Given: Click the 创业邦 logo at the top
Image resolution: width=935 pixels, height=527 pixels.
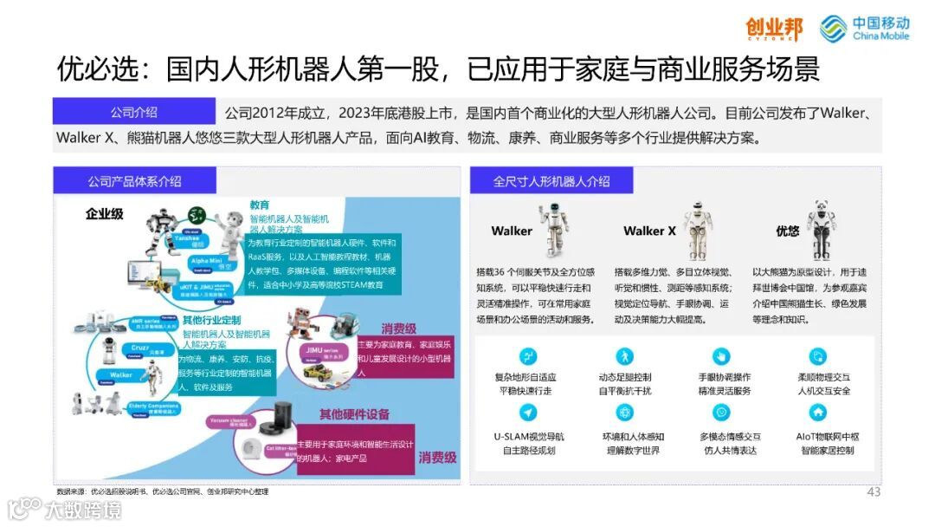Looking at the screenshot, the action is pos(774,29).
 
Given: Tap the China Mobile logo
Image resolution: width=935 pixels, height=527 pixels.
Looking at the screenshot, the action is pos(865,29).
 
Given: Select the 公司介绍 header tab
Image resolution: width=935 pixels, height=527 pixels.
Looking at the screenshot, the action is pos(133,112).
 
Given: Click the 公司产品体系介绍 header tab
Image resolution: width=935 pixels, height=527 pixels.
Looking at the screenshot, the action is pos(134,180).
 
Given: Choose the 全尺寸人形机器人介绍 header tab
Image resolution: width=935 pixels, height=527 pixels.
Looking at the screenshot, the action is pos(551,180).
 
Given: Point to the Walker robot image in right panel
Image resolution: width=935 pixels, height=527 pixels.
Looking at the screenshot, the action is pos(553,229).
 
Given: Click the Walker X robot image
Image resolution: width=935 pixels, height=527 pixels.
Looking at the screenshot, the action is pos(696,230).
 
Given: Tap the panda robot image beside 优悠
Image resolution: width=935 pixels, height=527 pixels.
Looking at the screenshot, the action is pos(820,230).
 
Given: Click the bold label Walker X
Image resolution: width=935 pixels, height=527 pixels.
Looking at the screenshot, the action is pos(649,231).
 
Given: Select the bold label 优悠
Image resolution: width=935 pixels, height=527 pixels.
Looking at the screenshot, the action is pos(787,231).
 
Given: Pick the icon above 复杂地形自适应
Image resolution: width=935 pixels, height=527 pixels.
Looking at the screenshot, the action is pos(526,356).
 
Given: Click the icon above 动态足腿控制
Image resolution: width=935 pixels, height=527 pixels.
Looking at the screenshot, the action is pos(624,356).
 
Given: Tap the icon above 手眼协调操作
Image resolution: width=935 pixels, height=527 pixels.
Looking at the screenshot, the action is pos(721,356).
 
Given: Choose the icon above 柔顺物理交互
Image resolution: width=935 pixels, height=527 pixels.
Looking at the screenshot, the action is pos(817,356).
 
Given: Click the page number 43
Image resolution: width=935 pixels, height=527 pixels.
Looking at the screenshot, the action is pos(874,492).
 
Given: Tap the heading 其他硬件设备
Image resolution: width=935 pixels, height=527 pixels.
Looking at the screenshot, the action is pos(355,413).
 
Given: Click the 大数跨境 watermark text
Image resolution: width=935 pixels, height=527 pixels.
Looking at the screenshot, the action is pos(83,510).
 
